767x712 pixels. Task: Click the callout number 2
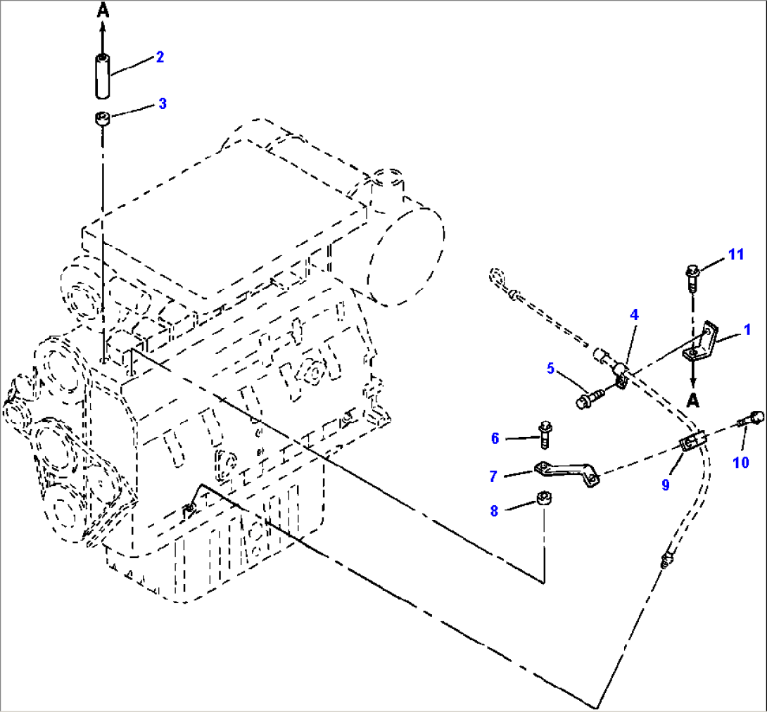click(160, 57)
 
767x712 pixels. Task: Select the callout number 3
click(162, 104)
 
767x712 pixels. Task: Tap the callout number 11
click(735, 255)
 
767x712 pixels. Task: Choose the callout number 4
click(634, 316)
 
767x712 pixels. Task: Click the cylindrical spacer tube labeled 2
click(103, 76)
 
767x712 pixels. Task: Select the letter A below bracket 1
click(694, 400)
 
